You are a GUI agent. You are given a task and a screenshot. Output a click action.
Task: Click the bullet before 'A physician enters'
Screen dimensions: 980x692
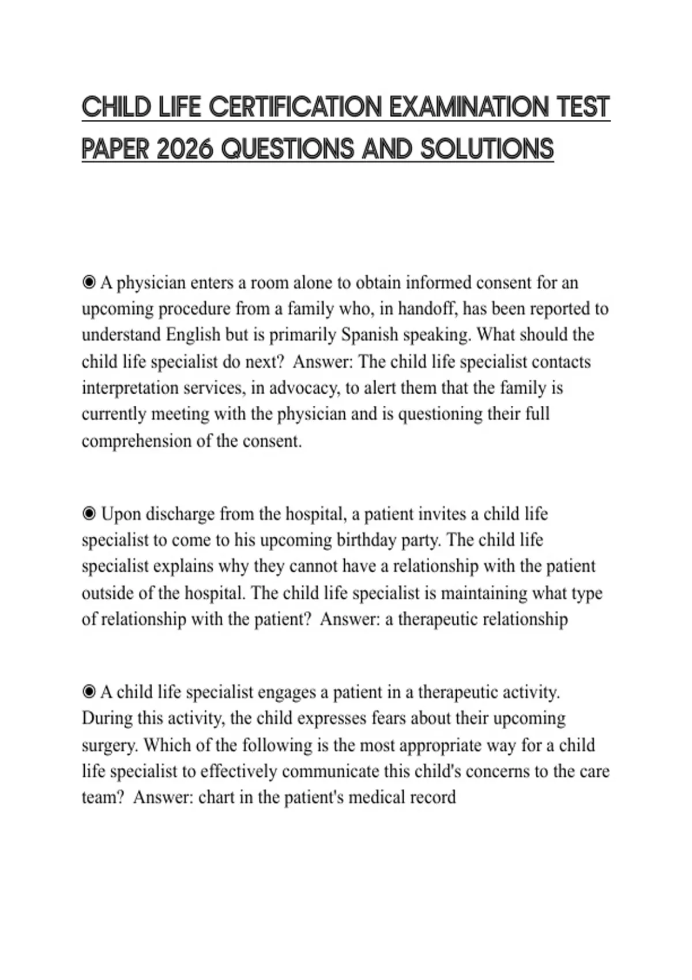click(89, 282)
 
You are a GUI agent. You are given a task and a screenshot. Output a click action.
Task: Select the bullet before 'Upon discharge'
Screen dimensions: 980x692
click(89, 513)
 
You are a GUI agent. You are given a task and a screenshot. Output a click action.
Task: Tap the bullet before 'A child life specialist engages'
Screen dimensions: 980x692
click(89, 692)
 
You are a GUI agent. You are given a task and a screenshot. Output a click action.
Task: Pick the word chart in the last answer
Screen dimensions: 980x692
click(211, 797)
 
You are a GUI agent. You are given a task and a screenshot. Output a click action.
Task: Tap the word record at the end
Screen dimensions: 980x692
click(432, 797)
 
